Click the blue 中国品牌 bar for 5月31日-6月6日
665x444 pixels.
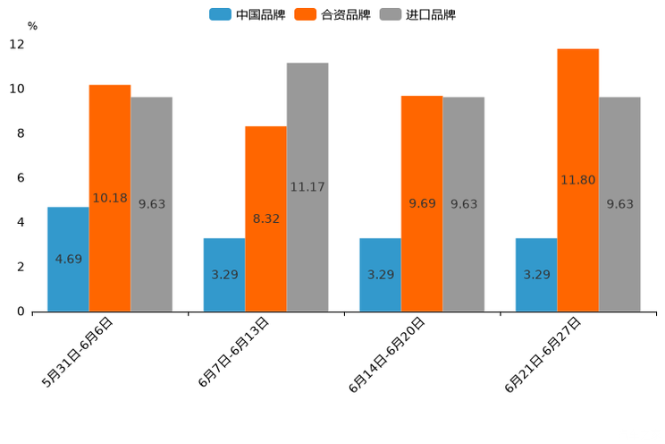68,259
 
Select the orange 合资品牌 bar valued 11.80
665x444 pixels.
577,179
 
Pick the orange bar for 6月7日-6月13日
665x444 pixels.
265,218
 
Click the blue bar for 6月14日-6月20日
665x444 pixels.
380,274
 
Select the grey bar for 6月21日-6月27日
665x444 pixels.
619,204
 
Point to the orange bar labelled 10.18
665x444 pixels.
110,198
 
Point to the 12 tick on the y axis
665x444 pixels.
18,45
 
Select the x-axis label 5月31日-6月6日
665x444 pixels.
78,352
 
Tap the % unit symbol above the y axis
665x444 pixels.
32,26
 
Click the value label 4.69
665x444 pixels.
68,260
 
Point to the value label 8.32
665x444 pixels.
265,218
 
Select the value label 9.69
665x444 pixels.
422,204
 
